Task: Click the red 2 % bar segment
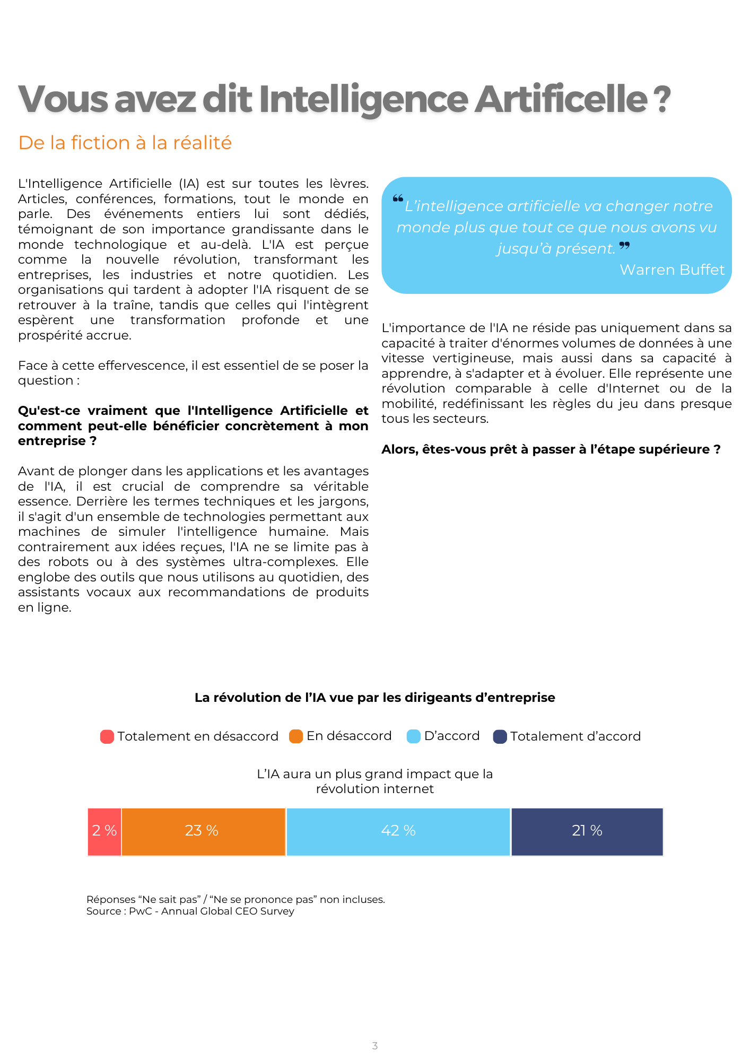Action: [x=104, y=831]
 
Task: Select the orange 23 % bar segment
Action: [x=204, y=831]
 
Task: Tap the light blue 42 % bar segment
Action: [x=398, y=831]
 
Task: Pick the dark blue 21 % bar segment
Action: [x=587, y=831]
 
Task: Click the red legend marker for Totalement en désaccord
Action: [x=107, y=736]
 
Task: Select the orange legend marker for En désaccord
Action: [x=296, y=736]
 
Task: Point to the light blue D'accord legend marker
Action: [x=413, y=736]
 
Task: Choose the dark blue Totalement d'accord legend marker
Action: [x=500, y=736]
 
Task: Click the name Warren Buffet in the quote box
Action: [x=671, y=270]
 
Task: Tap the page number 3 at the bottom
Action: [x=375, y=1046]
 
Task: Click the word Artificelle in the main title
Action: [x=561, y=99]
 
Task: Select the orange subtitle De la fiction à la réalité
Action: [x=125, y=143]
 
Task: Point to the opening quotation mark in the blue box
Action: [x=398, y=199]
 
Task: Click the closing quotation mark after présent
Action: [x=625, y=245]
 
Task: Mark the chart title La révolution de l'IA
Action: [x=374, y=698]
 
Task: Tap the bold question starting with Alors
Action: [x=551, y=449]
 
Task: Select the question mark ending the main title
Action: [x=662, y=99]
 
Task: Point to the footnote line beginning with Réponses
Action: [x=236, y=899]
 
